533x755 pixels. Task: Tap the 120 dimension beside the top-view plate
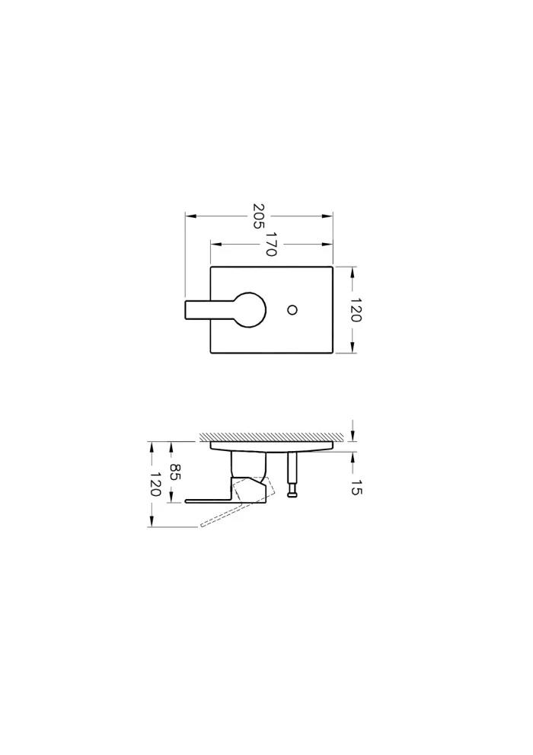pyautogui.click(x=356, y=309)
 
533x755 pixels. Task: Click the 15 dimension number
pyautogui.click(x=356, y=488)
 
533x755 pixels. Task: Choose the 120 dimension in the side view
pyautogui.click(x=155, y=484)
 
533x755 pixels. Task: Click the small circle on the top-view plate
pyautogui.click(x=292, y=309)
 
